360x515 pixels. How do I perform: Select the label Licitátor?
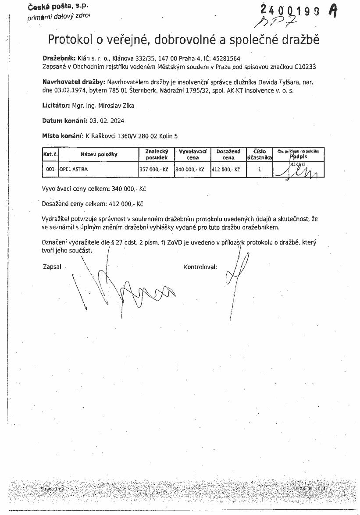click(56, 105)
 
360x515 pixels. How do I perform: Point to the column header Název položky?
click(99, 154)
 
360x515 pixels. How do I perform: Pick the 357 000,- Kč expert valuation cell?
click(153, 169)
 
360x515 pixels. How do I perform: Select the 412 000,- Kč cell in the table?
click(225, 169)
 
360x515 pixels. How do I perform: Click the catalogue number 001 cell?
click(50, 169)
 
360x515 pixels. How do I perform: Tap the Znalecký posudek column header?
click(157, 154)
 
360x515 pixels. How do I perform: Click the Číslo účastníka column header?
click(260, 154)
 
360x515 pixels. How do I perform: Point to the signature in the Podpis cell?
click(299, 170)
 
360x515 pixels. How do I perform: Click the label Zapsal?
click(53, 266)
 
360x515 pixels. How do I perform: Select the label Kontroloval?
click(200, 266)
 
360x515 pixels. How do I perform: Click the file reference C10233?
click(306, 67)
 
